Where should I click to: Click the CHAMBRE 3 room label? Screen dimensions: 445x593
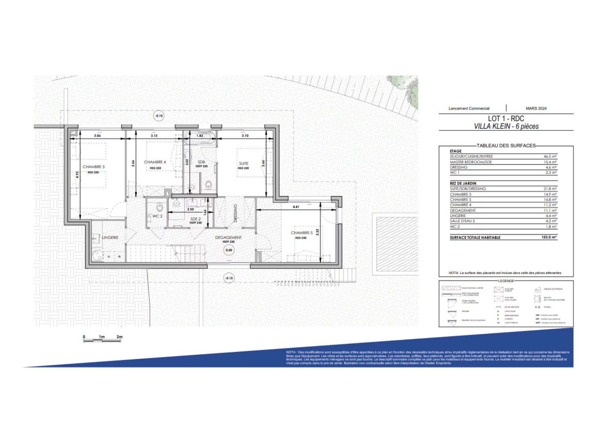coord(94,167)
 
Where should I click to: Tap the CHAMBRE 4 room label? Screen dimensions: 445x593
coord(155,162)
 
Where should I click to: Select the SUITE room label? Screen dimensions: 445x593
coord(243,163)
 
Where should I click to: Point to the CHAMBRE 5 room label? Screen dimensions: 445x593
coord(301,233)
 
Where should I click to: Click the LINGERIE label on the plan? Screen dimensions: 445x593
coord(110,237)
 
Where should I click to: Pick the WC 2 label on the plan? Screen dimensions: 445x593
coord(157,216)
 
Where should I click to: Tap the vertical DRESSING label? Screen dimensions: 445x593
coord(235,213)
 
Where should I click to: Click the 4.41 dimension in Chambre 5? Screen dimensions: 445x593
coord(296,207)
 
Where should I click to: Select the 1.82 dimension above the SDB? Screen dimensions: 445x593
coord(200,136)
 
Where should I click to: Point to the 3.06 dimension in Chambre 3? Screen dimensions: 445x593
coord(97,136)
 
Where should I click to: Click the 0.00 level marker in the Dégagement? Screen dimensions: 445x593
coord(229,250)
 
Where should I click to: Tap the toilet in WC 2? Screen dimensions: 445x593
coord(160,206)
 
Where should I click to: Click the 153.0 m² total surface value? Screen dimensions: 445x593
coord(549,237)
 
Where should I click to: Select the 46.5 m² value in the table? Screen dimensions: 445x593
coord(550,156)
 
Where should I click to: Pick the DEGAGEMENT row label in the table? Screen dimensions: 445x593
coord(463,210)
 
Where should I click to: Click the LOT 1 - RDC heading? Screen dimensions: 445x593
coord(506,118)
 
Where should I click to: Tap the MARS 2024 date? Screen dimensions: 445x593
coord(536,108)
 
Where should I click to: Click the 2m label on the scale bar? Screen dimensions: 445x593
coord(120,337)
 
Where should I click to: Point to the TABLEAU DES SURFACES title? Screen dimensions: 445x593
coord(506,146)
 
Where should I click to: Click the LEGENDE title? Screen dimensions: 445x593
coord(506,281)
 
